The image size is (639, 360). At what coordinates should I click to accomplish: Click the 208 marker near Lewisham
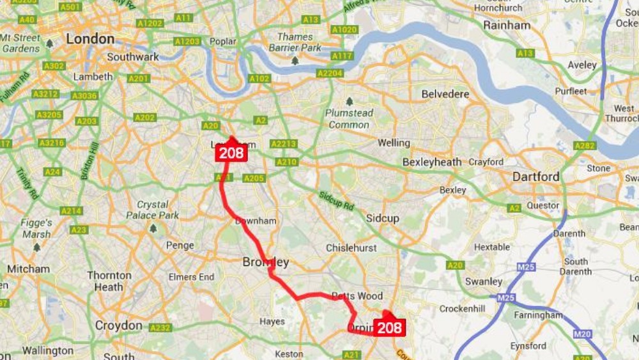[231, 153]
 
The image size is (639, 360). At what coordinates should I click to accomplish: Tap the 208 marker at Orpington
[389, 327]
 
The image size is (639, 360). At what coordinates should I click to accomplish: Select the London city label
[90, 39]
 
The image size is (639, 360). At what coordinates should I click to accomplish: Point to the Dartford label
[535, 176]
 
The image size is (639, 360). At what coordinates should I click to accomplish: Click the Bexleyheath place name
[432, 162]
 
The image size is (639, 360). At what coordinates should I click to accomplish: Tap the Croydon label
[118, 325]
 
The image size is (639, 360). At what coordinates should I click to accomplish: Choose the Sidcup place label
[382, 218]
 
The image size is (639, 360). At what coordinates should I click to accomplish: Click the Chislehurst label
[351, 247]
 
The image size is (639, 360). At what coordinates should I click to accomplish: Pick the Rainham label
[507, 26]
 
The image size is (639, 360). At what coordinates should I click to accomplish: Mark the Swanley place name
[484, 281]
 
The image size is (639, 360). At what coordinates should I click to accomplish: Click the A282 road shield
[585, 146]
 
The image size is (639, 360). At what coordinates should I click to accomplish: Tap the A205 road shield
[254, 178]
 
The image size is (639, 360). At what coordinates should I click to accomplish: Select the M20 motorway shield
[582, 334]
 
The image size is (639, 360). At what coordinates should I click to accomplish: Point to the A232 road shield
[160, 328]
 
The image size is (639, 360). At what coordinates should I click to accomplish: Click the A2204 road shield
[330, 74]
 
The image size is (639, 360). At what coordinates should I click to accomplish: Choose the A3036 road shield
[84, 96]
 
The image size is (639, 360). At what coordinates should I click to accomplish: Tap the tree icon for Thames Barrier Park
[295, 61]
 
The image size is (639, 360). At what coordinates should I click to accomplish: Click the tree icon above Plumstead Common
[350, 101]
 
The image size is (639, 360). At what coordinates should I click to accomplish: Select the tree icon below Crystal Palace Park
[153, 228]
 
